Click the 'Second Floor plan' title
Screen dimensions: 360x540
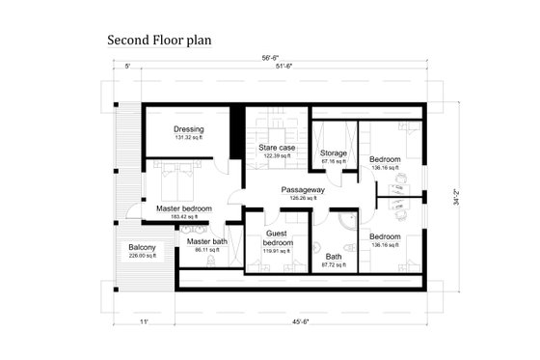click(159, 42)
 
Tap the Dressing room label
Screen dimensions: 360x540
click(188, 129)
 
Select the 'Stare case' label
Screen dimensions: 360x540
click(276, 147)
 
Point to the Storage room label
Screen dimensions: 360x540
click(334, 152)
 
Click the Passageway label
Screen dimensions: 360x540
click(303, 190)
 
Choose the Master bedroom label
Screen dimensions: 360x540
click(183, 208)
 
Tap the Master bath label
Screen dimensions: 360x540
click(207, 241)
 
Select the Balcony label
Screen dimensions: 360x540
click(143, 248)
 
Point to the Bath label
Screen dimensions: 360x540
click(334, 256)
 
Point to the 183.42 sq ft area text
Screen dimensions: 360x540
click(182, 217)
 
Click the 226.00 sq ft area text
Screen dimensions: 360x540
click(143, 256)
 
